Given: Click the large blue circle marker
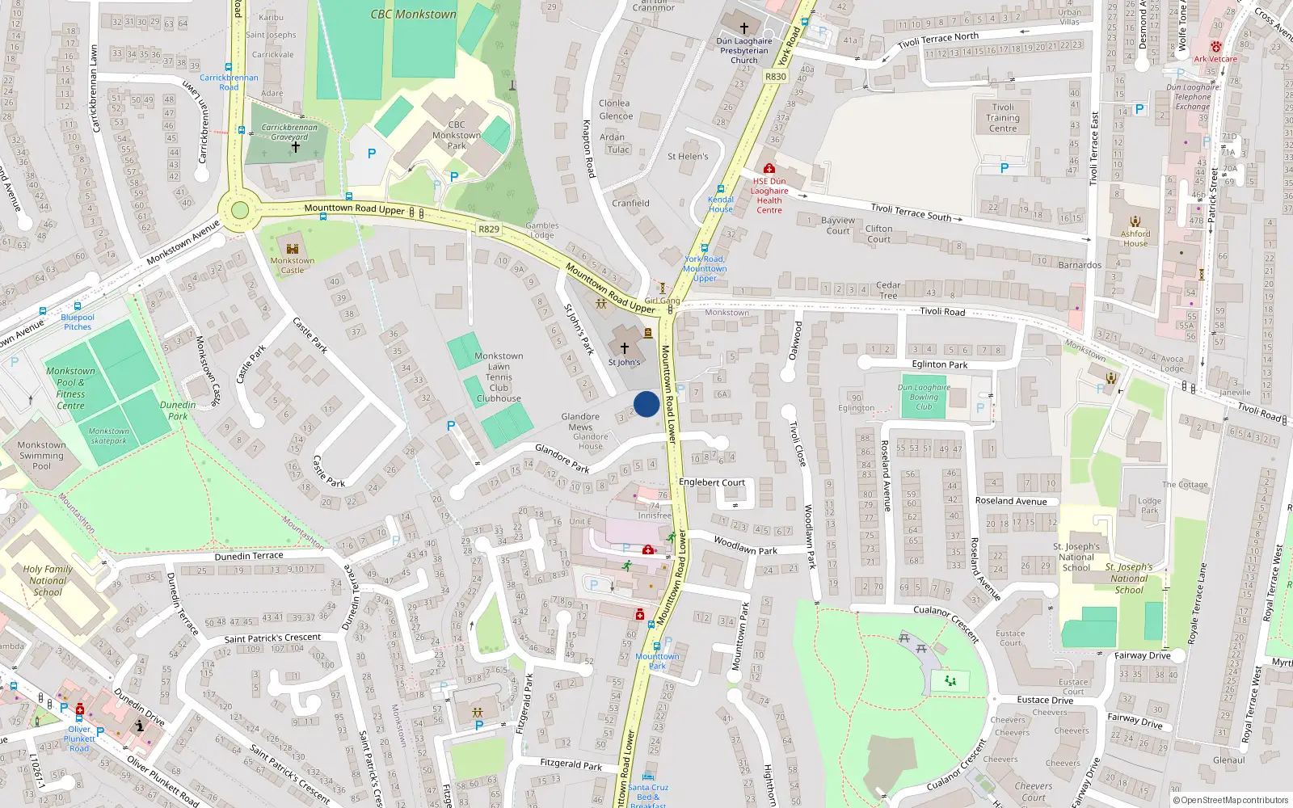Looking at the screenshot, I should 646,404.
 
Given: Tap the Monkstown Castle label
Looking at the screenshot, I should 293,265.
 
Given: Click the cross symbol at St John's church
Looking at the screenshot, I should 624,348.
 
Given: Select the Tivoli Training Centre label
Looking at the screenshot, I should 1003,118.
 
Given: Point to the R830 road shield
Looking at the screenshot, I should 775,77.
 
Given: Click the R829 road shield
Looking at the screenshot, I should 489,229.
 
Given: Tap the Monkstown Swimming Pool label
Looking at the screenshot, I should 41,456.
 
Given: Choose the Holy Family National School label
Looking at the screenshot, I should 48,580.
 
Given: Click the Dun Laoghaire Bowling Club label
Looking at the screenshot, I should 924,397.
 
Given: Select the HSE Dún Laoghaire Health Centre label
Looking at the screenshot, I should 769,196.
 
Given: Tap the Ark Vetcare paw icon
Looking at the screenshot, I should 1216,47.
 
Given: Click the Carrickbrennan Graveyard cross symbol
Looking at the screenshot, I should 296,147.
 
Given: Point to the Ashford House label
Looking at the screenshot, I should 1135,238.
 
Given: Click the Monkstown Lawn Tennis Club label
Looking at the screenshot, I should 499,377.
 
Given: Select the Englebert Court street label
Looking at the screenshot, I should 712,482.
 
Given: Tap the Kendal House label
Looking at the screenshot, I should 721,204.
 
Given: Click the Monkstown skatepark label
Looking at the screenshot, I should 108,436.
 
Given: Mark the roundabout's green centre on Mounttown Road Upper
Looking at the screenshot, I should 240,211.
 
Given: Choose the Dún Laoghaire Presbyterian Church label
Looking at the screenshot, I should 744,50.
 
